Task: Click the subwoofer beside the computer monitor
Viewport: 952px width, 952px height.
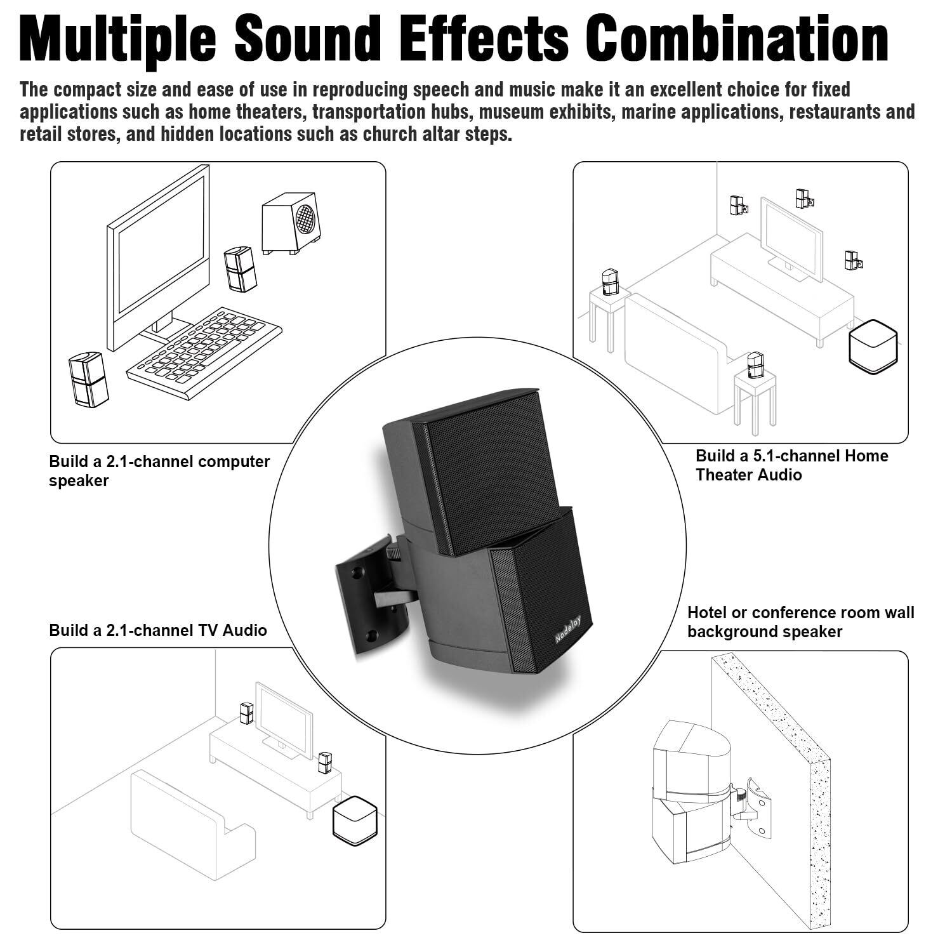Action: [x=291, y=223]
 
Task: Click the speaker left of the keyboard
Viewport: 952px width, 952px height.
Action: [x=88, y=380]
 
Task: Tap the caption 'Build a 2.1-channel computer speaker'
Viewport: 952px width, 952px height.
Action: [x=159, y=471]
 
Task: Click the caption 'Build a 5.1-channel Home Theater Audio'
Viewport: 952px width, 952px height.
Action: [x=791, y=465]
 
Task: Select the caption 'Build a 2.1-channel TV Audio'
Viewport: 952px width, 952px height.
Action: [x=158, y=630]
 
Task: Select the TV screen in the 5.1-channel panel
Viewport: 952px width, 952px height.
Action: [x=791, y=236]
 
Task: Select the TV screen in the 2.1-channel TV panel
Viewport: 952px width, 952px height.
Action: [x=284, y=718]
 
